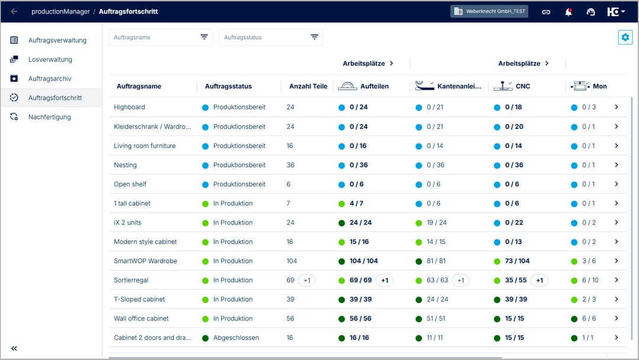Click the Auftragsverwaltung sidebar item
coord(57,40)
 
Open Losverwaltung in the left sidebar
coord(50,59)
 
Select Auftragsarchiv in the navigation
coord(50,79)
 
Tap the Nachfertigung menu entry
coord(49,117)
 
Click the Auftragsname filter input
coord(154,37)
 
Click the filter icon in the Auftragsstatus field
coord(314,37)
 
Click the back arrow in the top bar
coord(14,11)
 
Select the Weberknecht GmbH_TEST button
coord(490,11)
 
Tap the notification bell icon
coord(569,12)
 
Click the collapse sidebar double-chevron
coord(14,348)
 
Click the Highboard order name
coord(130,107)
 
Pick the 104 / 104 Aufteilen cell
coord(363,261)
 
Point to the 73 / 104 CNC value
coord(517,261)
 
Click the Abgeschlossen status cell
coord(236,338)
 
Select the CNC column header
coord(522,86)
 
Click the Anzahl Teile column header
coord(308,86)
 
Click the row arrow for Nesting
coord(616,165)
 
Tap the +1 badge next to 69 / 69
coord(385,280)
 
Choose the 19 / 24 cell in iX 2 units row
coord(436,223)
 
